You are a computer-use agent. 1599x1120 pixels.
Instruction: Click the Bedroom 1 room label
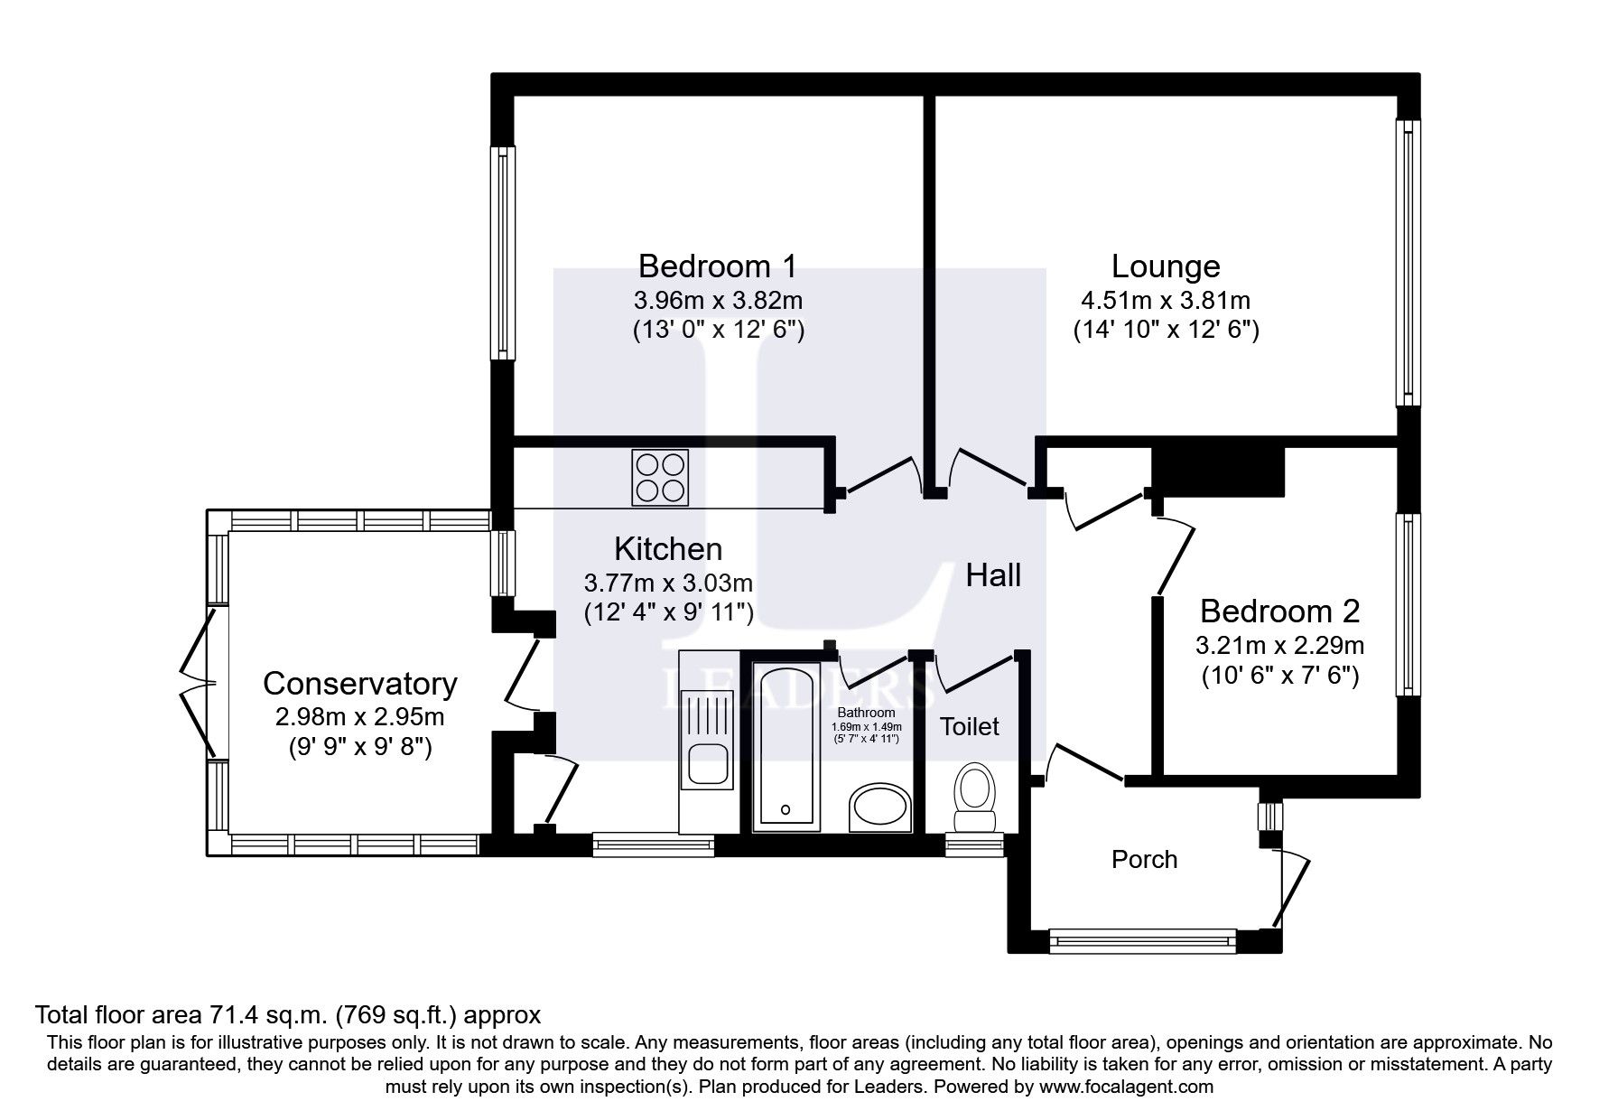click(x=717, y=266)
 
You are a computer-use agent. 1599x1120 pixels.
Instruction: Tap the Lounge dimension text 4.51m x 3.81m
click(x=1165, y=300)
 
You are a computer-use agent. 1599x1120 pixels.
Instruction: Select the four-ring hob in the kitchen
click(x=659, y=477)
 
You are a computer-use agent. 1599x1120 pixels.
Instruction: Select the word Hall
click(x=993, y=575)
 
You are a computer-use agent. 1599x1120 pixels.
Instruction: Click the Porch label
click(x=1144, y=859)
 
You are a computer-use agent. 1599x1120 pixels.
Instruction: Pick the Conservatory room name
click(x=359, y=684)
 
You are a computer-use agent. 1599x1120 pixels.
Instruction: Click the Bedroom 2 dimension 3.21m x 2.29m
click(x=1278, y=646)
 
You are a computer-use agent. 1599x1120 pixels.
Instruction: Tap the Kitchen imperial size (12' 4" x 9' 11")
click(x=668, y=612)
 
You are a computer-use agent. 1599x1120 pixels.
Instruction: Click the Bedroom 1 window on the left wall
click(x=502, y=253)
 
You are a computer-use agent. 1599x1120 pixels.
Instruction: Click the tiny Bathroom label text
click(x=865, y=713)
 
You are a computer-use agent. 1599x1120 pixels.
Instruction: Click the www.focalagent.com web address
click(x=1126, y=1087)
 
